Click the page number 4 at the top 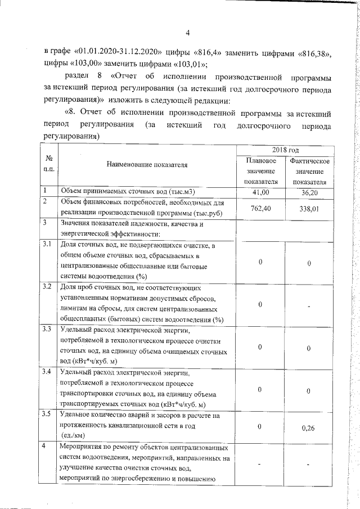(188, 32)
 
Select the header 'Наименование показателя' (145, 165)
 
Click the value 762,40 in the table (260, 208)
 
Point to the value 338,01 (309, 208)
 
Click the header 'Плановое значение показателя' (260, 171)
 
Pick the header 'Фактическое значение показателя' (309, 171)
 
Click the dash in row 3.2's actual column (309, 305)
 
